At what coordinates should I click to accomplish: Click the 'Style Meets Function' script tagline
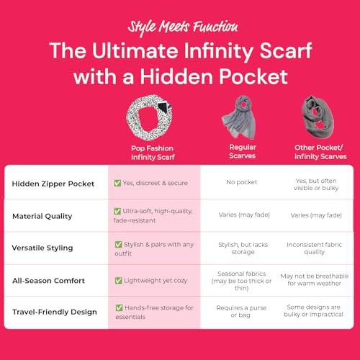point(182,27)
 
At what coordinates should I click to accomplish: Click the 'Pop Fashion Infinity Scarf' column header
point(153,151)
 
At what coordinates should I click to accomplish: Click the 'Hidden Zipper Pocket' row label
point(54,183)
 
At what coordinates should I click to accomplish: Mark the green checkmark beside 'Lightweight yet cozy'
point(118,280)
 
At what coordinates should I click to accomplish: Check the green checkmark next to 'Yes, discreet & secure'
point(118,183)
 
